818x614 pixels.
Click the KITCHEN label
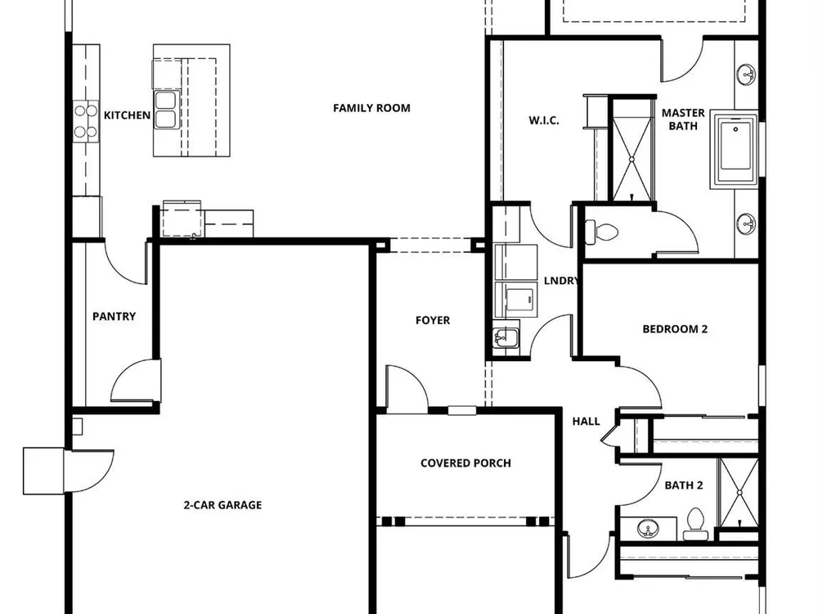point(127,115)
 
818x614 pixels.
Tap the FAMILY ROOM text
point(371,108)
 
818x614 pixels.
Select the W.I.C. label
point(544,120)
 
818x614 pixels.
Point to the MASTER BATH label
point(683,120)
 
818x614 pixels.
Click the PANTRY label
point(114,316)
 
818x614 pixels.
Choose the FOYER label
point(433,321)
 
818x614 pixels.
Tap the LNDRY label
point(561,281)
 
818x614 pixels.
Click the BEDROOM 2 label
point(675,329)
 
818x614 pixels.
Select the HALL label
point(586,422)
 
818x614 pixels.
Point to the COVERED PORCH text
point(466,463)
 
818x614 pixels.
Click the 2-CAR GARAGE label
point(222,505)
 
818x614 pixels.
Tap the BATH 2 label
point(683,485)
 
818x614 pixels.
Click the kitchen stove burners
point(86,120)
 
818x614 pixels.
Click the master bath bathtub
point(735,147)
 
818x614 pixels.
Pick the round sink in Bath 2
point(648,528)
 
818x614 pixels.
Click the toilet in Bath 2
point(694,524)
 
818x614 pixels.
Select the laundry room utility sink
point(505,336)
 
